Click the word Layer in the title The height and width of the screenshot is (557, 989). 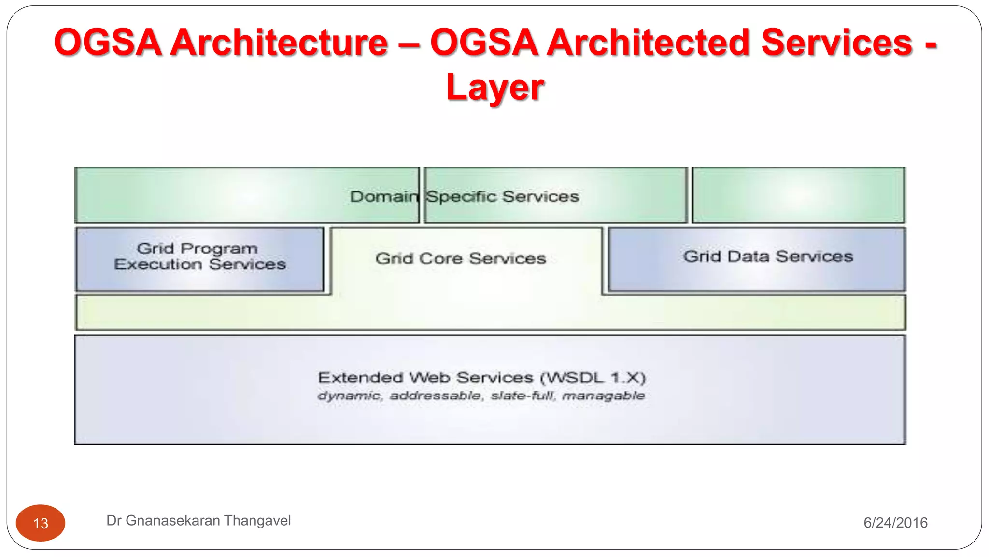click(x=495, y=88)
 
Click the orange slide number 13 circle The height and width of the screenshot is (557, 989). click(x=41, y=523)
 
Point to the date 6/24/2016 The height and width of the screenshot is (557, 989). click(x=895, y=523)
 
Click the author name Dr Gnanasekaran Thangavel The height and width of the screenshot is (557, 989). click(x=198, y=521)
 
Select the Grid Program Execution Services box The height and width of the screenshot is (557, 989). click(x=199, y=260)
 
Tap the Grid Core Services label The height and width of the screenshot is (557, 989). click(x=460, y=259)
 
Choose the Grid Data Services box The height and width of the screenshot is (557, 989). click(x=757, y=260)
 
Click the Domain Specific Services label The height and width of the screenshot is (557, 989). click(x=464, y=197)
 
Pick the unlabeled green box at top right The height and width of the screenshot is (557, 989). click(x=798, y=195)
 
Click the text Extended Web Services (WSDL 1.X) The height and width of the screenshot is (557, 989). click(x=481, y=378)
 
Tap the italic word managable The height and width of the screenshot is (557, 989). click(x=604, y=396)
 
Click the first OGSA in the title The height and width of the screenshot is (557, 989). click(x=107, y=43)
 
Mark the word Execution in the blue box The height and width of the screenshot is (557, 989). click(x=158, y=264)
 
